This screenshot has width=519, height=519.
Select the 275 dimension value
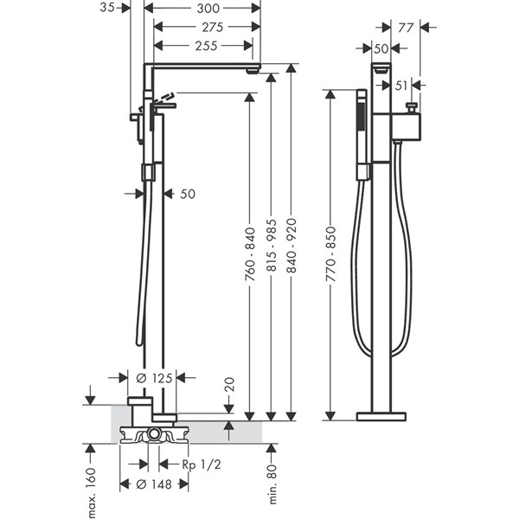pos(207,27)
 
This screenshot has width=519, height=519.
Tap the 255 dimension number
pos(207,45)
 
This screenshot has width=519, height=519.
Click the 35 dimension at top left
pos(107,8)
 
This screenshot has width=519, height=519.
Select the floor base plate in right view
pos(381,416)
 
